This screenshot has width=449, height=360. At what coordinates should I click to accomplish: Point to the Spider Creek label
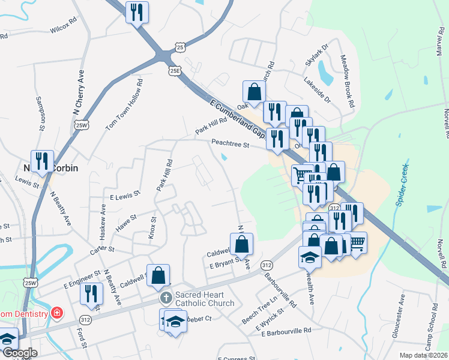point(402,185)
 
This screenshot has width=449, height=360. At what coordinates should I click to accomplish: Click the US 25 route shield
point(181,46)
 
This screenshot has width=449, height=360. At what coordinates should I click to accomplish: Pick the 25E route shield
point(175,70)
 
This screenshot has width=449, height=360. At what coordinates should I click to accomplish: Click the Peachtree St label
point(229,143)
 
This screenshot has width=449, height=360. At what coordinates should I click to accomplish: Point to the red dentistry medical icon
point(56,313)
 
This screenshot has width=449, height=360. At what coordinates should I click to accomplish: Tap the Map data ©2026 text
point(423,355)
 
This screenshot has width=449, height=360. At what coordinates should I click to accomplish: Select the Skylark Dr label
point(317,55)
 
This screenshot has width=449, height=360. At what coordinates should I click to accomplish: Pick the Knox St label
point(152,228)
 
